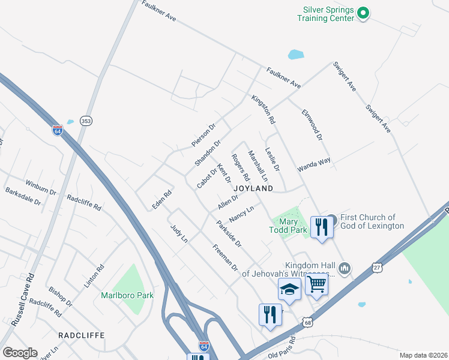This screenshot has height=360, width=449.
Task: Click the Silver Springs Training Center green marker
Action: point(363,12)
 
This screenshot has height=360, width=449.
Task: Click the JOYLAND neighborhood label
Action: point(258,188)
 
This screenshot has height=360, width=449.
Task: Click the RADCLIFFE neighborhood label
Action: point(81,335)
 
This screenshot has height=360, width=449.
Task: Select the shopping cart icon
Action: point(316,284)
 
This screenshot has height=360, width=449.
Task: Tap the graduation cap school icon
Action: point(289,289)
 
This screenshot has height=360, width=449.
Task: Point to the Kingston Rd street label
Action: point(264,109)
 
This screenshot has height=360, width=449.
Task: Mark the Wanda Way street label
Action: point(315,165)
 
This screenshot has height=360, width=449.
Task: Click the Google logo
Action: point(20,353)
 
